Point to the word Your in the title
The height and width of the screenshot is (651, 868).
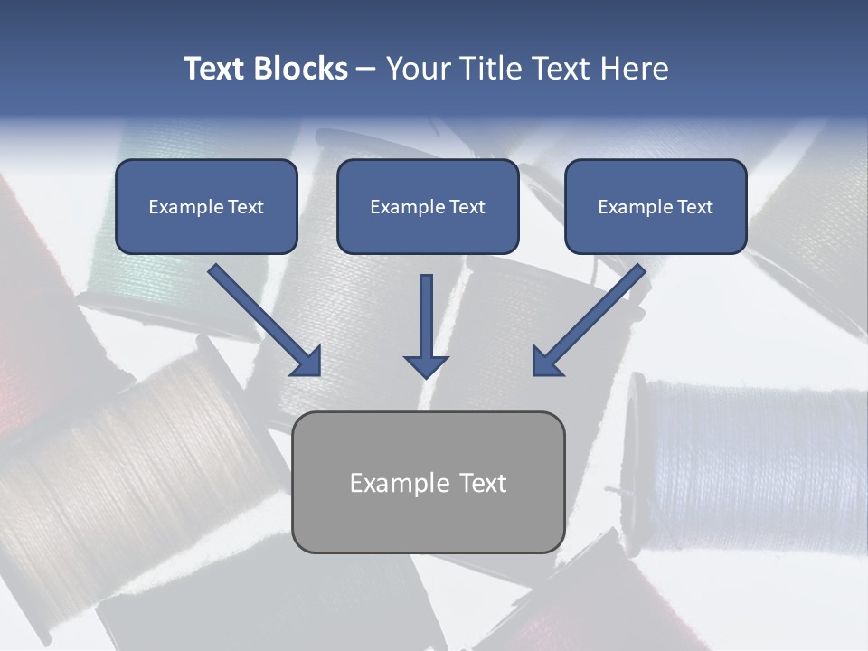coord(419,69)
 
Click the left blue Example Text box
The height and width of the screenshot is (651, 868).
coord(206,206)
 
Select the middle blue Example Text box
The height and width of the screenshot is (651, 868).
coord(428,206)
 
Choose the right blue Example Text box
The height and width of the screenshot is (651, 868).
coord(656,206)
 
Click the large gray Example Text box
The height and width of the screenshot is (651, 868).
coord(428,482)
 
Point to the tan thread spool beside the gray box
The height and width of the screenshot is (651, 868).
coord(136,470)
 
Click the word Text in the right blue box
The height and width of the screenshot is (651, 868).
coord(694,207)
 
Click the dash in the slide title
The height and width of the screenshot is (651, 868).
coord(366,69)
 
